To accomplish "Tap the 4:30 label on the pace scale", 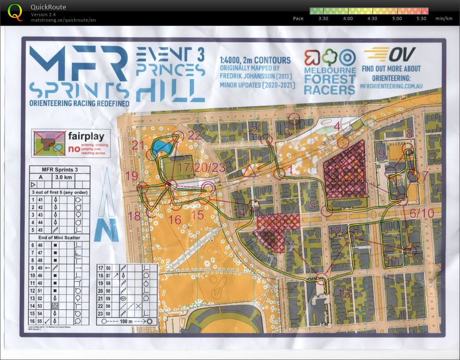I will pyautogui.click(x=372, y=18).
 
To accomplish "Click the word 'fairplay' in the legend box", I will pyautogui.click(x=86, y=137).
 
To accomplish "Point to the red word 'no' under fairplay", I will pyautogui.click(x=73, y=148).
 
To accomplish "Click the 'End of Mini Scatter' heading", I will pyautogui.click(x=60, y=237).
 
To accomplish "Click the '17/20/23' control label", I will pyautogui.click(x=201, y=168).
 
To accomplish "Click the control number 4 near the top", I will pyautogui.click(x=337, y=126).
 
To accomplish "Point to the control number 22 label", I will pyautogui.click(x=194, y=135).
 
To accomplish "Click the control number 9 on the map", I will pyautogui.click(x=381, y=154).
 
